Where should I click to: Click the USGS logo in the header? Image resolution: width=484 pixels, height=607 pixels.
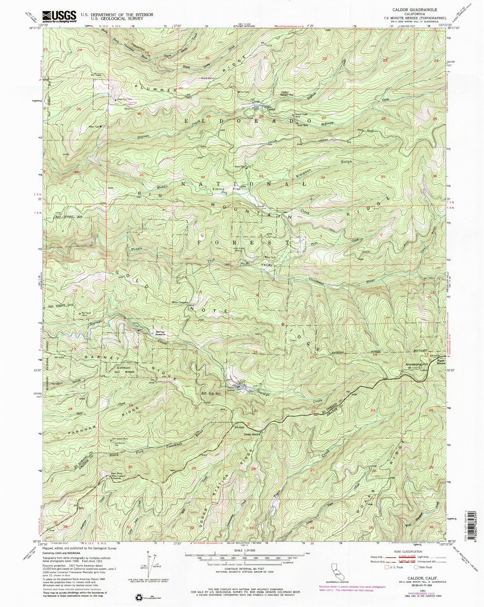click(59, 16)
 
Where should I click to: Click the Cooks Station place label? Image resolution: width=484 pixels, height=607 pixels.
click(252, 434)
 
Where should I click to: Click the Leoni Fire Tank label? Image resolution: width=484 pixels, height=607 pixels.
click(125, 99)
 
